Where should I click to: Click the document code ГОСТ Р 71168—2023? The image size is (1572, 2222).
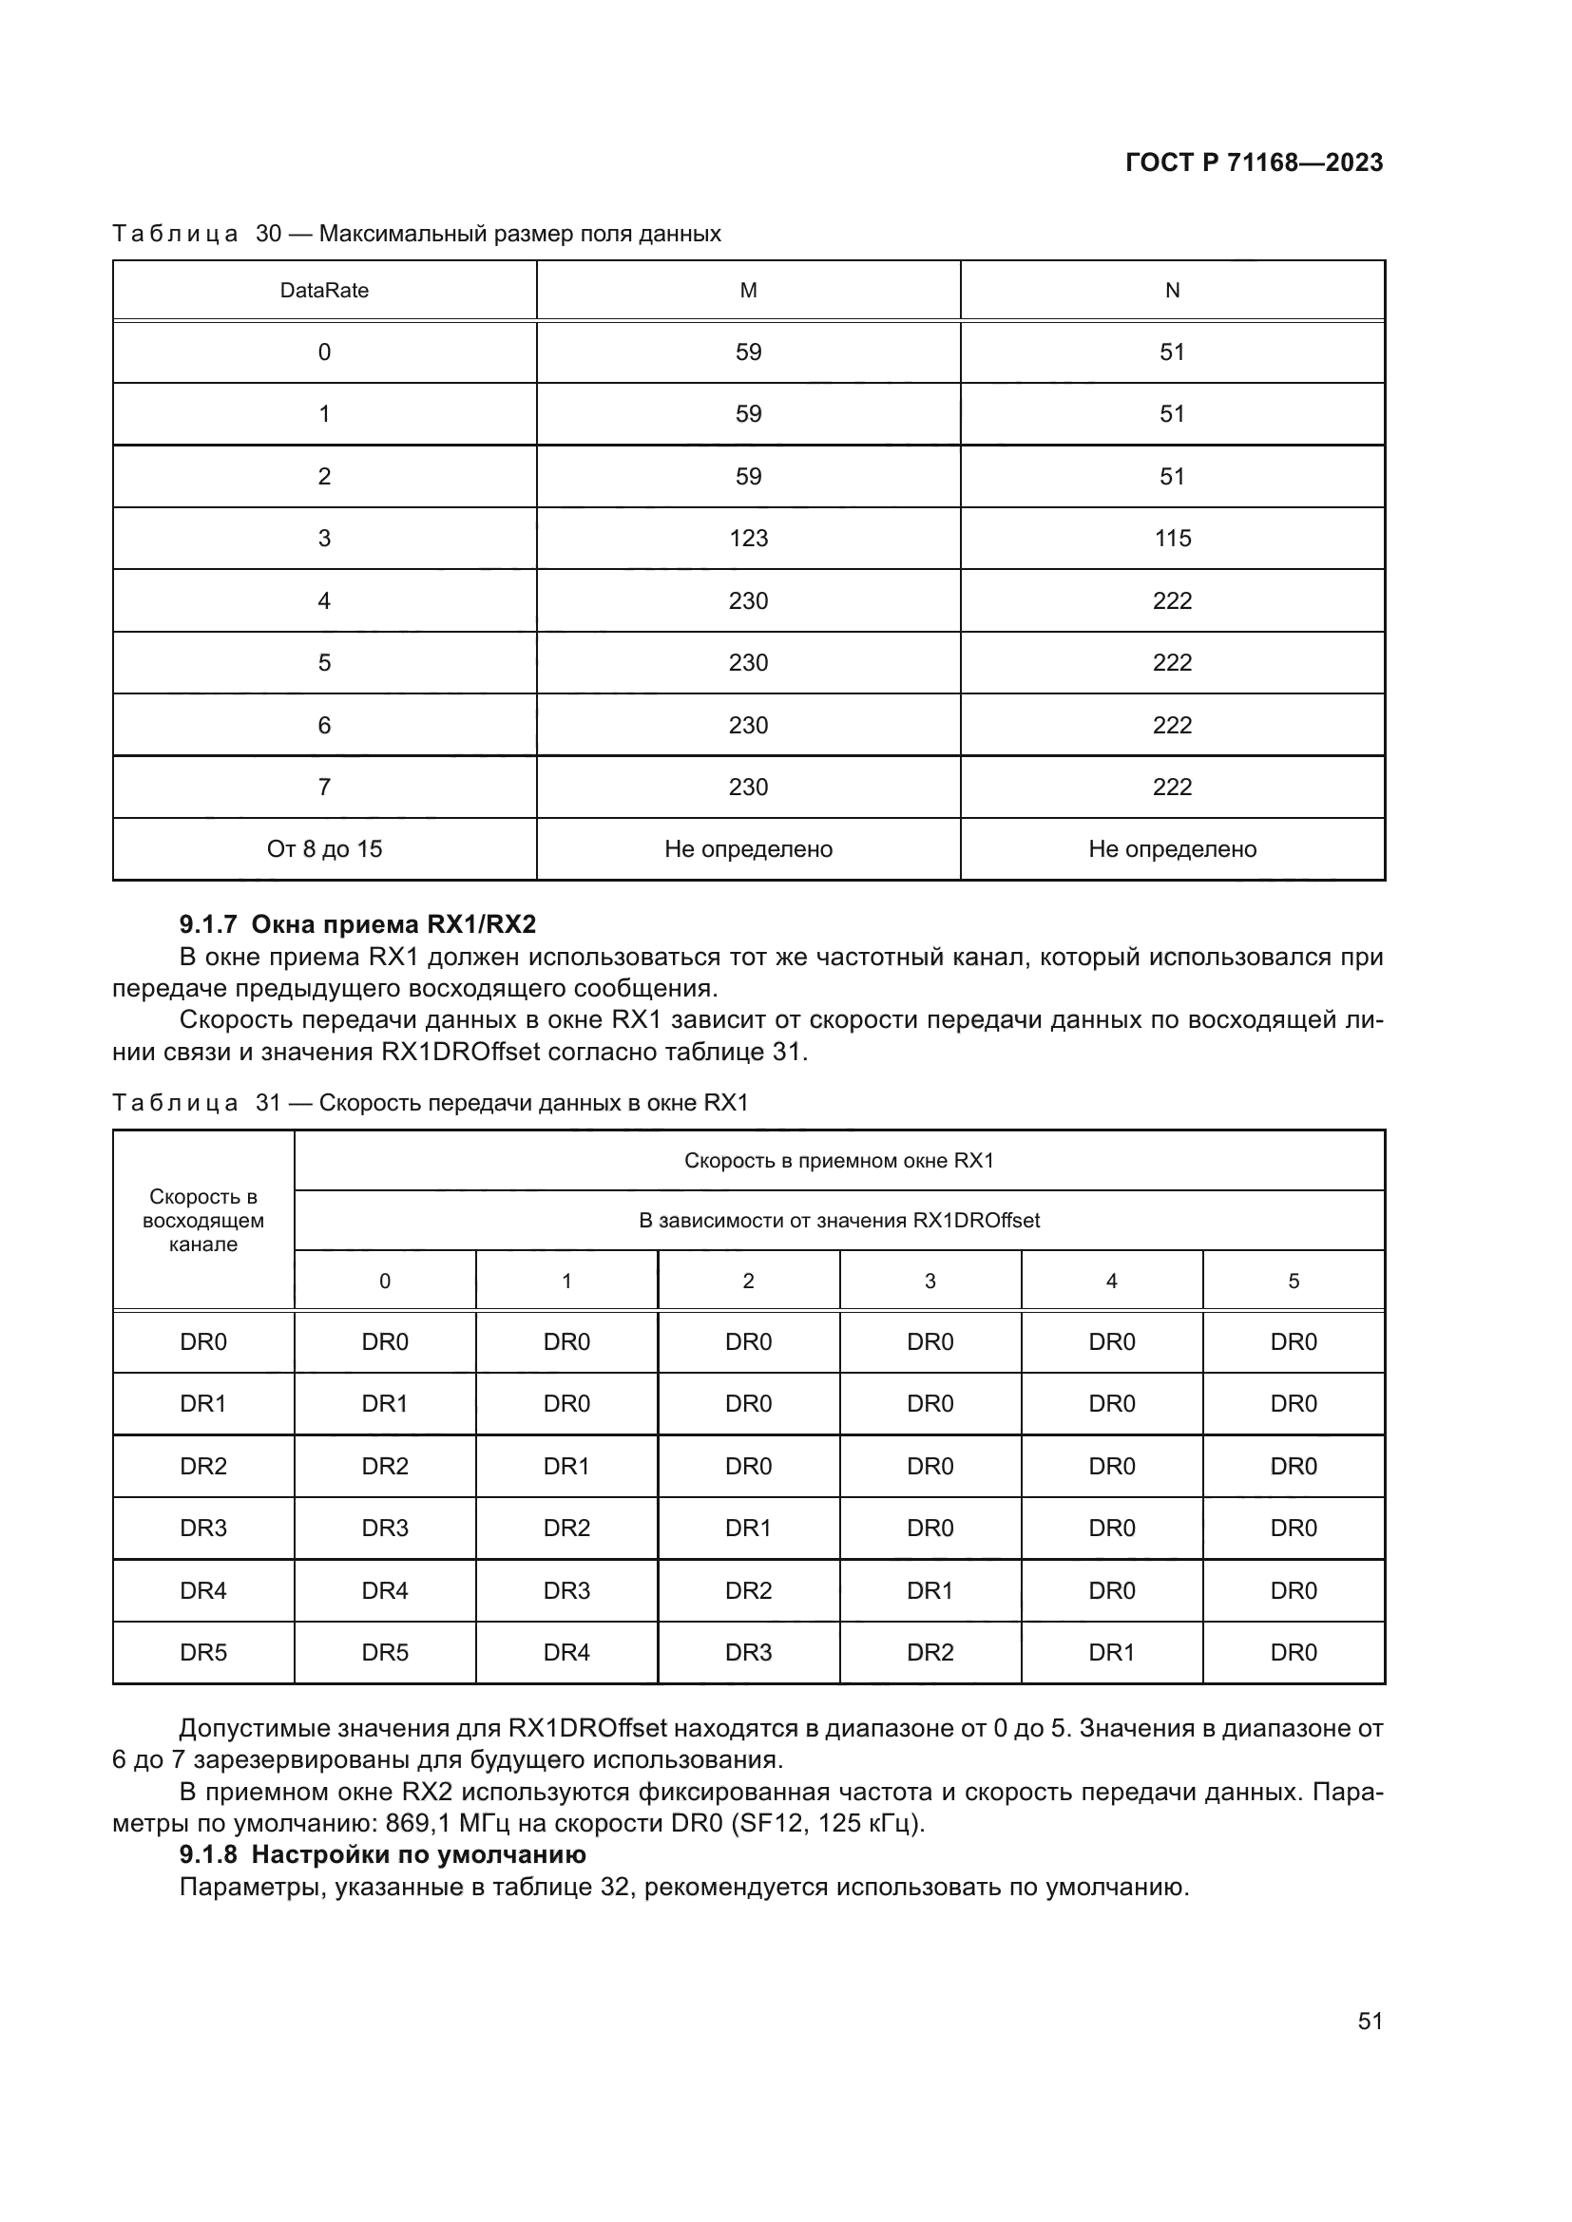click(x=1254, y=162)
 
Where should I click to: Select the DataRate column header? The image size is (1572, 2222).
click(x=324, y=291)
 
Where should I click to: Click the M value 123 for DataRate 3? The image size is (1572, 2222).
click(x=748, y=538)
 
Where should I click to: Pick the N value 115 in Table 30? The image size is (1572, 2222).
click(x=1172, y=538)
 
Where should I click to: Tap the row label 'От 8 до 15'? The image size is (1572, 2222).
click(x=324, y=848)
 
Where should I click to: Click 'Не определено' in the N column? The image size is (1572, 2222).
click(x=1172, y=848)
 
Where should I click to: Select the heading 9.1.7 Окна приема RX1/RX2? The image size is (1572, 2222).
click(x=357, y=924)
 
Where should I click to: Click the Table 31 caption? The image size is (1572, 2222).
click(x=431, y=1102)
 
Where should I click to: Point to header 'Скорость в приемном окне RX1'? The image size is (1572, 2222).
click(x=839, y=1160)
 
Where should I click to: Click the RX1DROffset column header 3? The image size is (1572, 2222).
click(x=930, y=1282)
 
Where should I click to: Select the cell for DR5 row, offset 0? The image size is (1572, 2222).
click(x=385, y=1652)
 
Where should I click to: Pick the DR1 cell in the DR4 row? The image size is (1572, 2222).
click(x=930, y=1590)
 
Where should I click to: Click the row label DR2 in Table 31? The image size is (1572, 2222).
click(x=203, y=1466)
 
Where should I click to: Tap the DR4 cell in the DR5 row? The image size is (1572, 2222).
click(x=566, y=1652)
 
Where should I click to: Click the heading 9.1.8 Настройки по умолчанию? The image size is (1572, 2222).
click(x=382, y=1854)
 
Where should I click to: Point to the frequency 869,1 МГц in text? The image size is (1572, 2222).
click(x=440, y=1823)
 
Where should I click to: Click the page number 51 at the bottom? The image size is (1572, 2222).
click(x=1370, y=2021)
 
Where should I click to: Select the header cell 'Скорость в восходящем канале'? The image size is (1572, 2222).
click(x=203, y=1221)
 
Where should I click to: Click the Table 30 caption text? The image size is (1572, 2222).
click(x=416, y=234)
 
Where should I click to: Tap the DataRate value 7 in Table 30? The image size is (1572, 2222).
click(x=324, y=787)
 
